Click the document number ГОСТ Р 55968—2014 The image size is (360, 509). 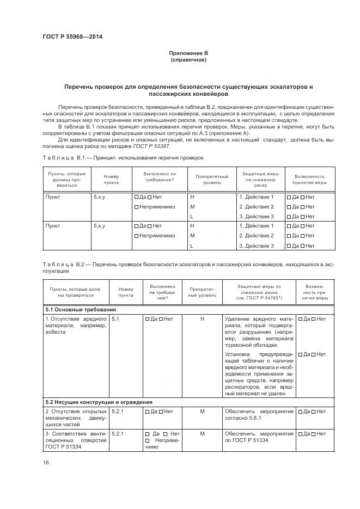[72, 37]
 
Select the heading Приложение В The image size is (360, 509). [188, 53]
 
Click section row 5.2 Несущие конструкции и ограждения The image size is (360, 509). [99, 402]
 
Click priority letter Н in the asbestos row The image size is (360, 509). [202, 318]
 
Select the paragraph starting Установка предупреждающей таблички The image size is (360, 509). [259, 373]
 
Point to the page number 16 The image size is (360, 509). [46, 462]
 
